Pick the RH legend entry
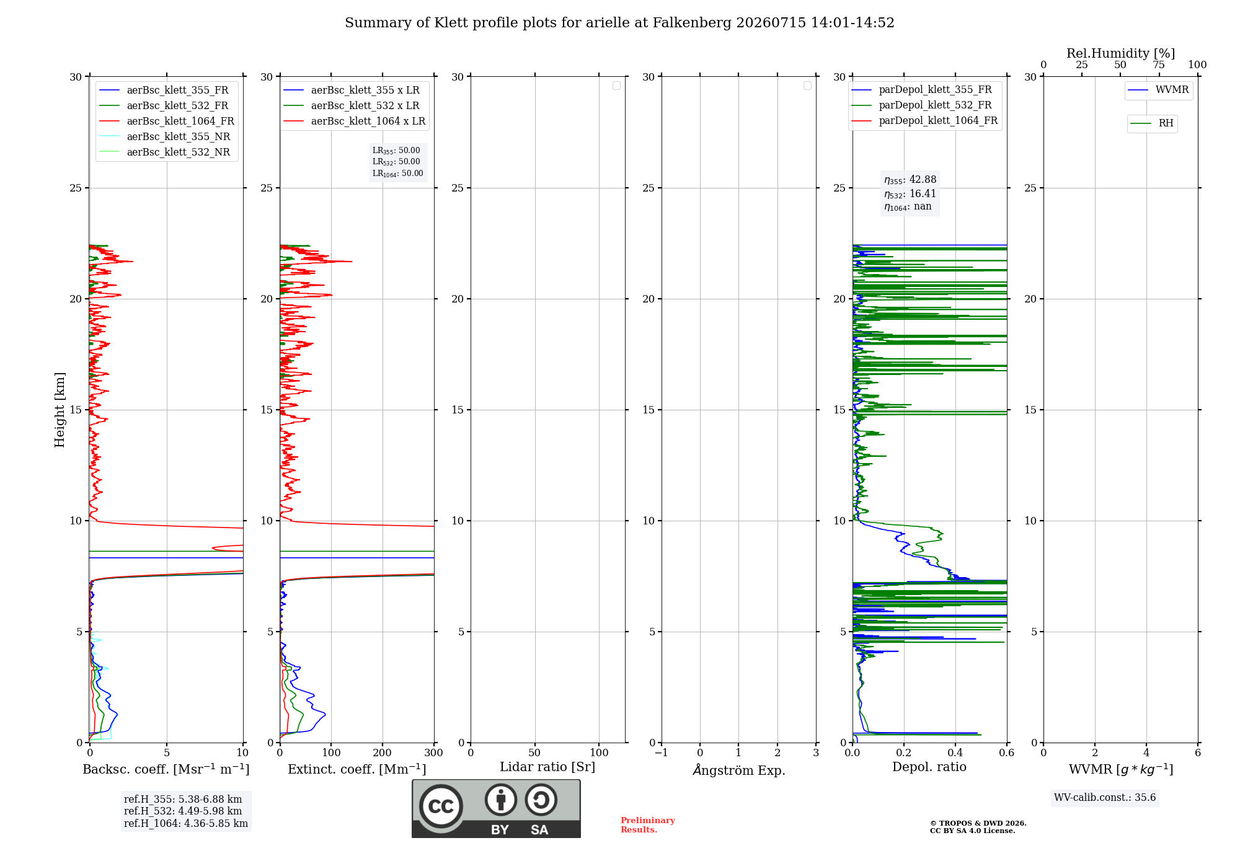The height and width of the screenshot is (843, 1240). (x=1152, y=123)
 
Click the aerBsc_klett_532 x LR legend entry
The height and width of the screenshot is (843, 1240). (x=352, y=106)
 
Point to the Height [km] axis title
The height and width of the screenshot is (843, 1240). (x=60, y=410)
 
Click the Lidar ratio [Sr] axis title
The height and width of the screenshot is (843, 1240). (x=547, y=767)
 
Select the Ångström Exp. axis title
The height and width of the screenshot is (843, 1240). (x=739, y=770)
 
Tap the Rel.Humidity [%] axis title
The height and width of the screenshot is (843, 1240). (x=1121, y=53)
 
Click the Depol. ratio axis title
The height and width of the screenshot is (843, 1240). (x=929, y=767)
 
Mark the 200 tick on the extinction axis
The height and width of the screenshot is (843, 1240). (x=383, y=753)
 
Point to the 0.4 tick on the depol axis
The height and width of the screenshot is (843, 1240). (x=955, y=753)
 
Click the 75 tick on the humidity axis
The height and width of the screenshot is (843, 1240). (x=1159, y=65)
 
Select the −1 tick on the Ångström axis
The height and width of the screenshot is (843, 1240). (x=662, y=753)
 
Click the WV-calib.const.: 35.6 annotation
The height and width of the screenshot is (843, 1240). (x=1105, y=798)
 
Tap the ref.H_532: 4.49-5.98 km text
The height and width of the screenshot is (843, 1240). (x=183, y=811)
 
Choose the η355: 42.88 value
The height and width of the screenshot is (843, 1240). (x=910, y=180)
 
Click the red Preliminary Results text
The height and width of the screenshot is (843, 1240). (x=648, y=825)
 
